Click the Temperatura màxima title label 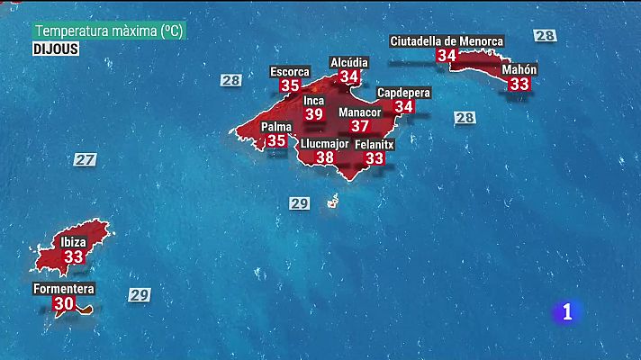point(109,31)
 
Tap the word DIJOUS point(57,49)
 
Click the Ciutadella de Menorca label point(447,40)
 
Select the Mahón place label point(519,68)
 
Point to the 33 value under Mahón point(519,84)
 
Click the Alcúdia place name point(349,61)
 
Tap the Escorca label point(290,71)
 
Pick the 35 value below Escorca point(290,85)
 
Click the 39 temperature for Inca point(313,114)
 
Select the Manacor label point(360,112)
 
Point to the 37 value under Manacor point(360,127)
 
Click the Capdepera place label point(403,93)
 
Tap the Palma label point(276,127)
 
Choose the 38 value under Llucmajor point(324,157)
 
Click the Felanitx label point(375,144)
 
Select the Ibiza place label point(74,242)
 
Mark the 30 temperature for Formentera point(63,304)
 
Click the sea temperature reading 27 point(85,159)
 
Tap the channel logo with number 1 point(566,311)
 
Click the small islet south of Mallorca point(332,203)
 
